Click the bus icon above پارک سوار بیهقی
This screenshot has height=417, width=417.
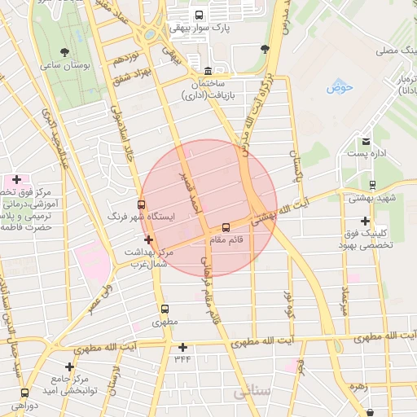200,15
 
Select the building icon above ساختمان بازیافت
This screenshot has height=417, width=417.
208,71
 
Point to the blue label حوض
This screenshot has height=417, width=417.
340,86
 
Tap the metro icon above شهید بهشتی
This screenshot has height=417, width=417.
372,185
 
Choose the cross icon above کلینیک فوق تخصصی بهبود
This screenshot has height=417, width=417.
365,221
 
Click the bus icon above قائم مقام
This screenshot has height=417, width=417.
226,227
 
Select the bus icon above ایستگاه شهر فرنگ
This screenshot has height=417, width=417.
143,204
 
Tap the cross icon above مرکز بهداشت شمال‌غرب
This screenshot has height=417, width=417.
147,239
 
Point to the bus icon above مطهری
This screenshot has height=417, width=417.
165,309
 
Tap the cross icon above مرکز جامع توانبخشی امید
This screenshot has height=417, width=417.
69,367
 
